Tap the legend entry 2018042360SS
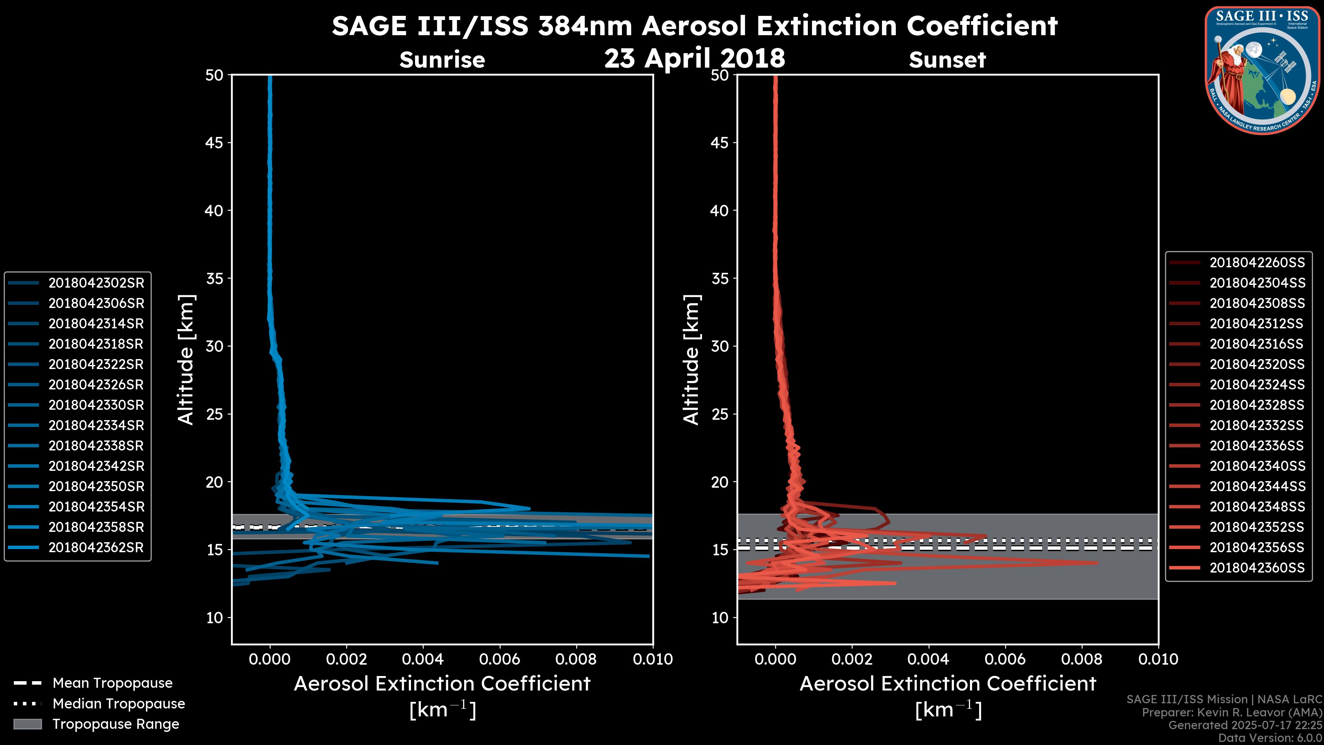pyautogui.click(x=1257, y=568)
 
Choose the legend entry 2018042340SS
pyautogui.click(x=1257, y=466)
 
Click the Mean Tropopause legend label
pyautogui.click(x=112, y=683)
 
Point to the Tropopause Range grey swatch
pyautogui.click(x=27, y=724)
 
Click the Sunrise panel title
pyautogui.click(x=442, y=60)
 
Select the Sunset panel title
pyautogui.click(x=947, y=60)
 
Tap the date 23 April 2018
pyautogui.click(x=694, y=58)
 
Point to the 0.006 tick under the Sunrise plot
pyautogui.click(x=499, y=659)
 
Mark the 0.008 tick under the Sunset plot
pyautogui.click(x=1082, y=659)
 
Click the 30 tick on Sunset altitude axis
pyautogui.click(x=720, y=346)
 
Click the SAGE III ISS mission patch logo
pyautogui.click(x=1262, y=69)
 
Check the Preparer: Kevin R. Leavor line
pyautogui.click(x=1232, y=712)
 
